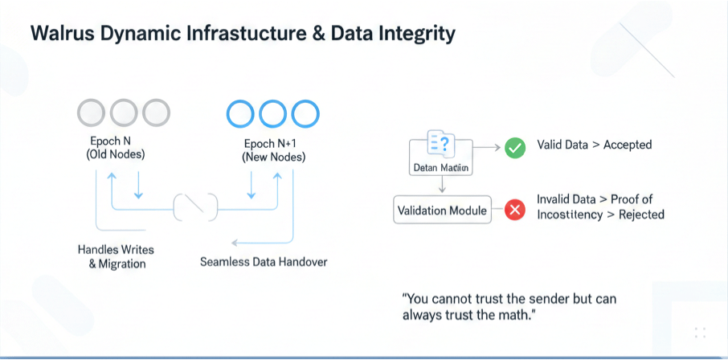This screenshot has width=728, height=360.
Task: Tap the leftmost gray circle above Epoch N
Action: click(91, 112)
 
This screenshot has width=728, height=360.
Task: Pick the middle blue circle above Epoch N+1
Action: click(273, 114)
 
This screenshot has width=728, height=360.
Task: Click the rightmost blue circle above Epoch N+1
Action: click(305, 114)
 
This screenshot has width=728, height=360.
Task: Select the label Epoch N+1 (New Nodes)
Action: click(273, 150)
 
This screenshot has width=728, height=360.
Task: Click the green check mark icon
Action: click(514, 148)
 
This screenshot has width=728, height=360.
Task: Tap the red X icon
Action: click(514, 211)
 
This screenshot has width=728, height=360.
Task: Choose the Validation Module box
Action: click(443, 211)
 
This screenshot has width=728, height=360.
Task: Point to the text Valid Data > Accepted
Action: click(594, 145)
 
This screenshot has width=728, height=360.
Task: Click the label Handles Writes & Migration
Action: click(117, 256)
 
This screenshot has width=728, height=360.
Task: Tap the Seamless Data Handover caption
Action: click(264, 262)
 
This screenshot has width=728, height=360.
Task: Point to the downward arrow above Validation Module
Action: click(441, 184)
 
